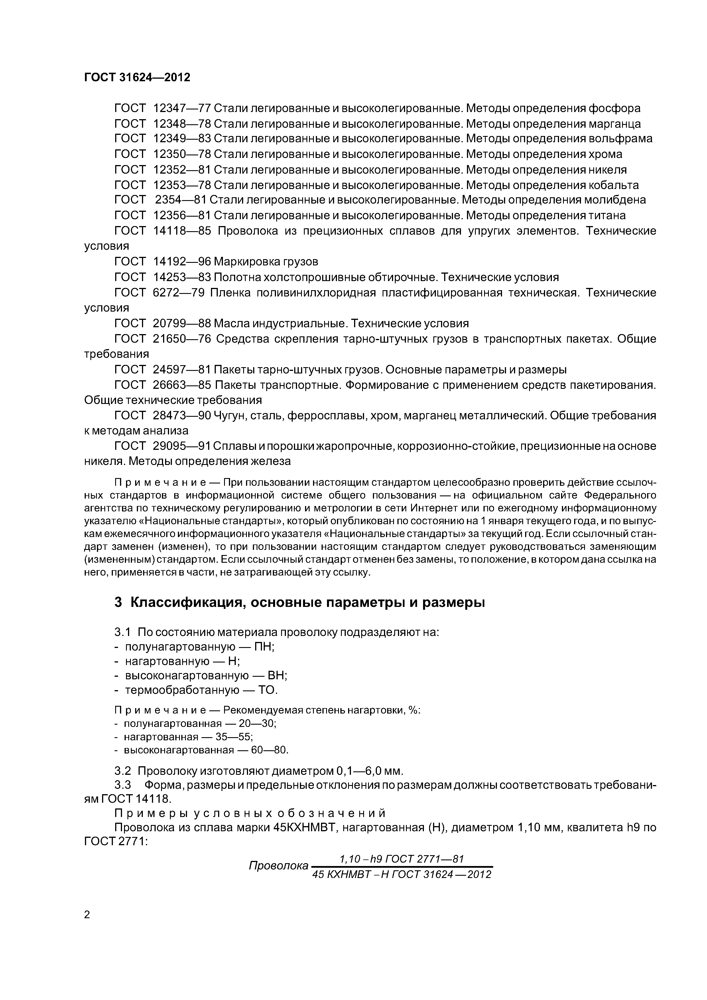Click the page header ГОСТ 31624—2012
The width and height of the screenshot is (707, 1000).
click(137, 78)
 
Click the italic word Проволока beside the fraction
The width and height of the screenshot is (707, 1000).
click(278, 866)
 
